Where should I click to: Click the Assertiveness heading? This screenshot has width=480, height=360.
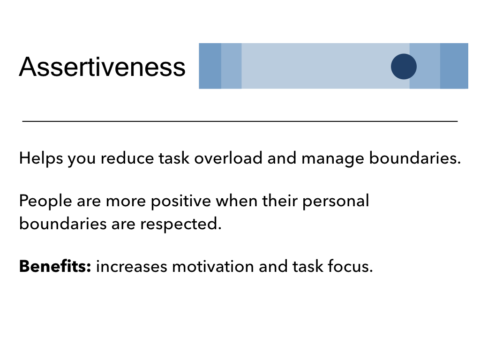click(x=102, y=67)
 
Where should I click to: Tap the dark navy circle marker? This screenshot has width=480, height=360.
click(x=404, y=67)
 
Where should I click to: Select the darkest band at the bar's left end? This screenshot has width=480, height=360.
click(x=210, y=66)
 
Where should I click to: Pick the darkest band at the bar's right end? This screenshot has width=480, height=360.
click(x=454, y=66)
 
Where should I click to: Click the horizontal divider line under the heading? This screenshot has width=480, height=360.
click(x=240, y=121)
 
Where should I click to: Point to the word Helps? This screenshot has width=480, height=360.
click(x=41, y=158)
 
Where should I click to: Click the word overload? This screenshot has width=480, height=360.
click(x=228, y=158)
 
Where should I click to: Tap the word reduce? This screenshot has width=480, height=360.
click(x=127, y=158)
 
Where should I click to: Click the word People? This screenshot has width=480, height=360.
click(x=45, y=201)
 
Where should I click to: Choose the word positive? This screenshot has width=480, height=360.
click(x=181, y=202)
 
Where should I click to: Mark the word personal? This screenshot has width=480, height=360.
click(x=336, y=202)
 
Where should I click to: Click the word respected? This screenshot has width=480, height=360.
click(x=180, y=224)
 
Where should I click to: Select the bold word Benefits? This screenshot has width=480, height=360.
click(x=55, y=266)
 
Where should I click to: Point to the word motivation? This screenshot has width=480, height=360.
click(x=213, y=266)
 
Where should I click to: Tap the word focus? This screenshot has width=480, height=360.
click(x=350, y=266)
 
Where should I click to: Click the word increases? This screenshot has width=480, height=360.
click(x=132, y=266)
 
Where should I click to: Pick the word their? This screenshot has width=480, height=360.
click(x=280, y=201)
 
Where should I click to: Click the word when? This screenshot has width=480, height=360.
click(x=236, y=201)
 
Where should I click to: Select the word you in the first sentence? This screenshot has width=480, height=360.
click(x=82, y=160)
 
